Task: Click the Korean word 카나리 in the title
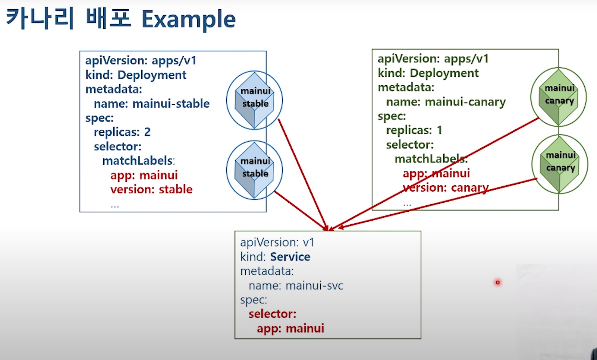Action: coord(40,19)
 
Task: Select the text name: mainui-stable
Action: coord(151,104)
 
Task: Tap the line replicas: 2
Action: coord(122,132)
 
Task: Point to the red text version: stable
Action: coord(151,189)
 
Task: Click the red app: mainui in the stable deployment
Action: coord(144,175)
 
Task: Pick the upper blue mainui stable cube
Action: coord(254,100)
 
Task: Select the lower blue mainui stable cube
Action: coord(254,170)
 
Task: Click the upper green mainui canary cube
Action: coord(558,97)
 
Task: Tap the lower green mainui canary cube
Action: coord(559,164)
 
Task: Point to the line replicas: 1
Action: coord(414,130)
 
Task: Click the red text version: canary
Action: coord(446,187)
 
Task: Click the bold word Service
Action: coord(290,257)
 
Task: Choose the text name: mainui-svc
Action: coord(296,285)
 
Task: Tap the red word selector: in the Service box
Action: coord(272,314)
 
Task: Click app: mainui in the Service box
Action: coord(290,328)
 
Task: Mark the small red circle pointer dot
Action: coord(497,282)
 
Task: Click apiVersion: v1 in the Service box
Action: coord(277,243)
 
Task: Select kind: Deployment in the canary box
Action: coord(428,73)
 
